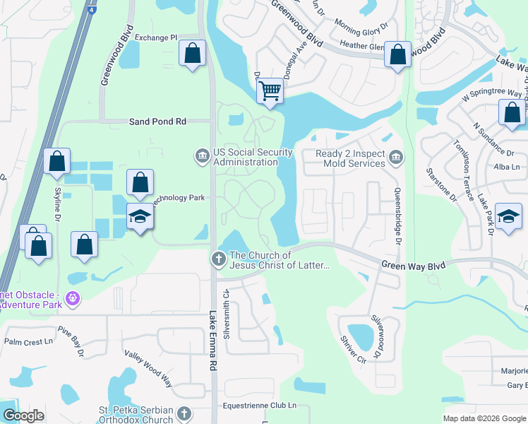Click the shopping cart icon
click(270, 90)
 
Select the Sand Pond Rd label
click(157, 122)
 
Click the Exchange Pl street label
click(156, 37)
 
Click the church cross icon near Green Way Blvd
click(218, 259)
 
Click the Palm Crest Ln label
click(29, 341)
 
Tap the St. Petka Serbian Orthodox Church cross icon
click(184, 413)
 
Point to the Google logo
click(23, 416)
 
